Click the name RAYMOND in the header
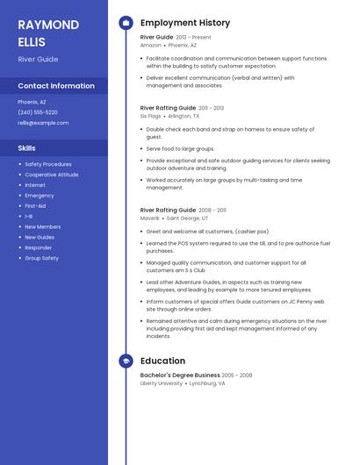48,25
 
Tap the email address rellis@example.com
43,123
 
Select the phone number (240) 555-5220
38,112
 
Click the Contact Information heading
56,86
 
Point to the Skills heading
26,148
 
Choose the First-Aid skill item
35,205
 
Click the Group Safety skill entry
41,258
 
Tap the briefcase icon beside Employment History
126,23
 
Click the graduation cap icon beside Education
126,361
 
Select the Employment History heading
185,23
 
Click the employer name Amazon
150,45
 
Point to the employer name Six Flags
151,115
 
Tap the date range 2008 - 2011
212,211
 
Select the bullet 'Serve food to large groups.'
180,149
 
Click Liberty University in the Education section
162,383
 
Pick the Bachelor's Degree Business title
180,375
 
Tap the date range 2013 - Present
194,38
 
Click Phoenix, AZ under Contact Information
32,102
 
